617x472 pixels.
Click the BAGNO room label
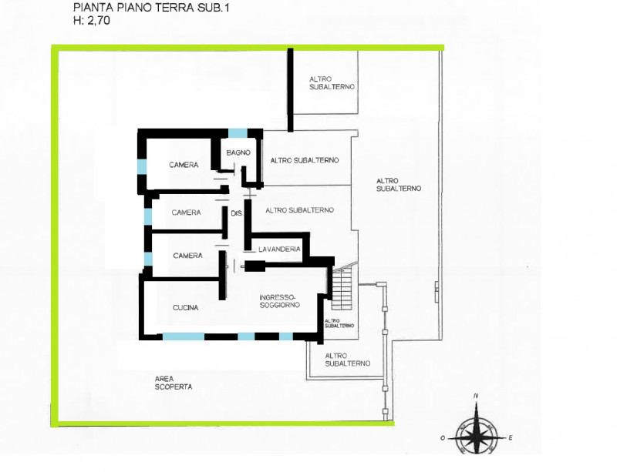pos(238,152)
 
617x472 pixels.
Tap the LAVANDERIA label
pos(279,249)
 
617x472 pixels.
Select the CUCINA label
pos(186,308)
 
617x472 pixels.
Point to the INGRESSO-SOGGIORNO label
pos(280,300)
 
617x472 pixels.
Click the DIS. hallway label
pos(237,213)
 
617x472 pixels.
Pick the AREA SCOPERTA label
pos(174,383)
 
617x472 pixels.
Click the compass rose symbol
pos(477,432)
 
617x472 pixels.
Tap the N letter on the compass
pos(476,396)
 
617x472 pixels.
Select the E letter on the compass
pos(511,437)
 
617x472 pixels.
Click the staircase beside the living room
pos(342,288)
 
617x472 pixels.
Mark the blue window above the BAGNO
pos(238,133)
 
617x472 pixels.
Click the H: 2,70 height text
pos(92,21)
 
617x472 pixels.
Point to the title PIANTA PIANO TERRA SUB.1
pos(151,8)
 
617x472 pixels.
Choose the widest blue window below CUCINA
pos(184,336)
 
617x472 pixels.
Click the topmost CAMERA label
pos(184,165)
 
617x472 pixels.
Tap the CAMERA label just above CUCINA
pos(187,256)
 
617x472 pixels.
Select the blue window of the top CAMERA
pos(142,166)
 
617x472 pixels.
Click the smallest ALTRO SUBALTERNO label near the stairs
pos(339,323)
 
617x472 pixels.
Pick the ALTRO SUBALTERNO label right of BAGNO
pos(305,160)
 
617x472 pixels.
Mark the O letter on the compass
pos(443,438)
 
